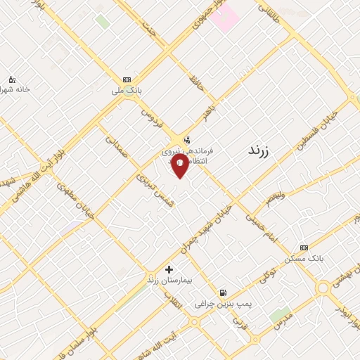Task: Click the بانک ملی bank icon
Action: pyautogui.click(x=127, y=80)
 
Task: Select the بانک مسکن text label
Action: pyautogui.click(x=304, y=259)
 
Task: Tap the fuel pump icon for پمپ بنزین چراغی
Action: pyautogui.click(x=223, y=292)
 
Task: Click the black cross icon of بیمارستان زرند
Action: pyautogui.click(x=169, y=269)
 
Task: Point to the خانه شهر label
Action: pyautogui.click(x=15, y=90)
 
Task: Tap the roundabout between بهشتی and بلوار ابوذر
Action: pyautogui.click(x=324, y=288)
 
